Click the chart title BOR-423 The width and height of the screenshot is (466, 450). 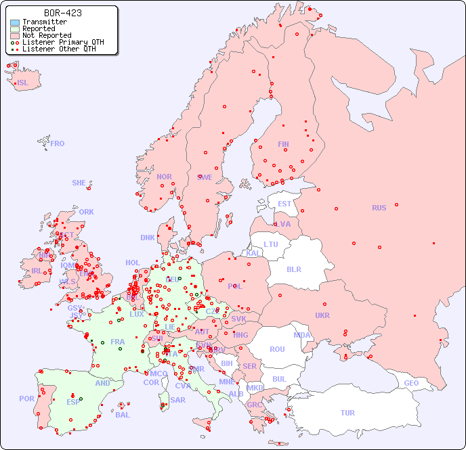click(x=63, y=13)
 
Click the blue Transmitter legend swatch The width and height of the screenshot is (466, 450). click(x=15, y=22)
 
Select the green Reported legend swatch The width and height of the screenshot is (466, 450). click(x=15, y=29)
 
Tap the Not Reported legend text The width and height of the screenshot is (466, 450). click(x=46, y=36)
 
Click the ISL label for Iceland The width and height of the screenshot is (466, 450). click(x=23, y=83)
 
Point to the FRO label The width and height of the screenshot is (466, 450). click(x=58, y=143)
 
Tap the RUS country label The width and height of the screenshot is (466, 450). click(x=379, y=208)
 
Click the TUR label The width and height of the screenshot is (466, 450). click(x=347, y=413)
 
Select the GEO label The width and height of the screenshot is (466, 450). click(x=411, y=383)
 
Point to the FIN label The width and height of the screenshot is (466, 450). click(x=283, y=144)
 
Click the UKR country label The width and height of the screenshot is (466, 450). click(x=322, y=315)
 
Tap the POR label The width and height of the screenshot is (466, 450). click(x=26, y=399)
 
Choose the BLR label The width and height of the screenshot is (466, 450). click(x=293, y=269)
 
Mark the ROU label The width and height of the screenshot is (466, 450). click(x=277, y=349)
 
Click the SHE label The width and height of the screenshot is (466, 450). click(x=79, y=183)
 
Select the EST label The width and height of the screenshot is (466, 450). click(x=284, y=204)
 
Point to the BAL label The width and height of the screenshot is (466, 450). click(x=123, y=415)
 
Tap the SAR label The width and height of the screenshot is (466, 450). click(x=177, y=400)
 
